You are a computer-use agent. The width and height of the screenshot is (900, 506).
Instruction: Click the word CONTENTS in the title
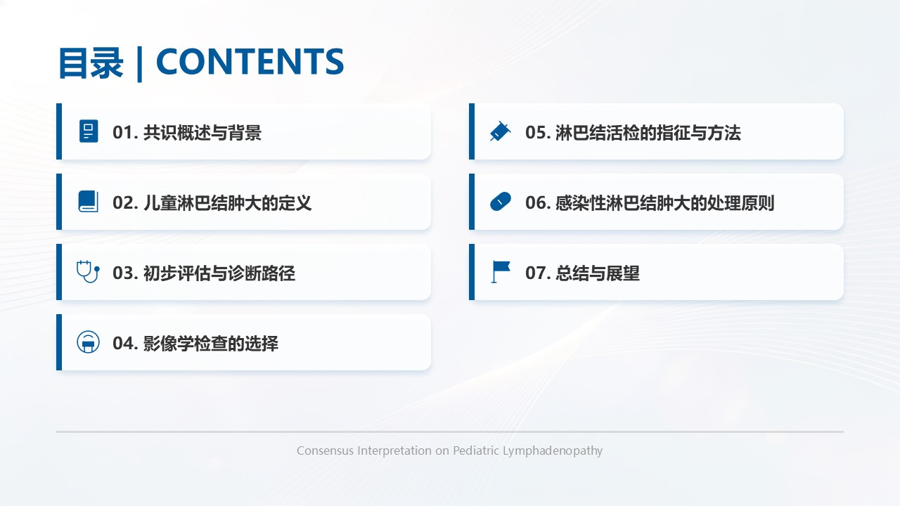coord(250,61)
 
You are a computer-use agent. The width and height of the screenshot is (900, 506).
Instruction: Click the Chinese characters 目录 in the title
coord(91,63)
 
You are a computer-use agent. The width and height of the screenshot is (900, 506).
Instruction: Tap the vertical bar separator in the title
coord(139,64)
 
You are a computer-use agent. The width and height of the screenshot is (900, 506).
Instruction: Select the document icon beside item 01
coord(89,131)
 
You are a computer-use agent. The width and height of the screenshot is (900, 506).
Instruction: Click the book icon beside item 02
coord(89,201)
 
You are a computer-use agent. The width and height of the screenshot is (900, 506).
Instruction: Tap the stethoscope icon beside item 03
coord(89,272)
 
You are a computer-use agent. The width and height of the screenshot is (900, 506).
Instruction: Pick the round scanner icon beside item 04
coord(89,342)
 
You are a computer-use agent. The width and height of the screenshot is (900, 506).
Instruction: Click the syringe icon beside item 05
coord(500,131)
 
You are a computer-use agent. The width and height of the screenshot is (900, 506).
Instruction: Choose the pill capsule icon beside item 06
coord(501,202)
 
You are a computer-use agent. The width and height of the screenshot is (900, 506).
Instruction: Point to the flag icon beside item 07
coord(501,272)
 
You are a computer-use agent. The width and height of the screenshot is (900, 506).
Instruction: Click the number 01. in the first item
coord(125,133)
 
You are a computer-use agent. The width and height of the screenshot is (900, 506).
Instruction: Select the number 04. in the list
coord(125,344)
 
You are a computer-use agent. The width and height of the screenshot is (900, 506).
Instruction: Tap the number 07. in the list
coord(538,273)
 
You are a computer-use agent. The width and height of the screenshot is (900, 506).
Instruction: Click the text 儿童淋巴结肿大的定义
coord(227,203)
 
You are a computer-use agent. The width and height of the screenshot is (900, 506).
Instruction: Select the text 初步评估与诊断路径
coord(219,273)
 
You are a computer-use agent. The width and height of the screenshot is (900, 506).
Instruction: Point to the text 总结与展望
coord(598,273)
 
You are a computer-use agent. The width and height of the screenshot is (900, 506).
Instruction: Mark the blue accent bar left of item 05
coord(472,131)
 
